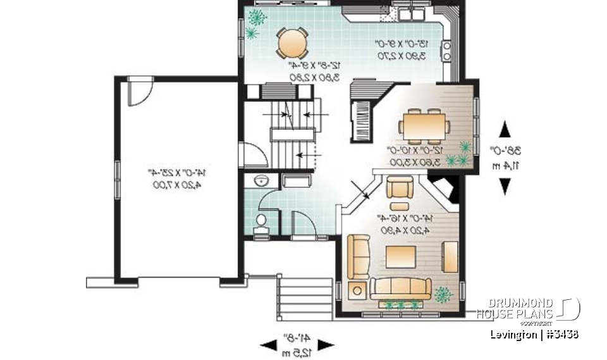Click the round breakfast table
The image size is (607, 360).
(x=292, y=42)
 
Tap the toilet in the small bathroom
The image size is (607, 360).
(x=261, y=221)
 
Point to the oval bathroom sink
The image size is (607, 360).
(x=259, y=181)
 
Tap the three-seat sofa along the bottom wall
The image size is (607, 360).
(x=400, y=288)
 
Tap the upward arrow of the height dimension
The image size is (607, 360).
(x=505, y=130)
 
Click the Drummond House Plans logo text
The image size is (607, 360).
(x=515, y=309)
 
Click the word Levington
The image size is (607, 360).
(x=513, y=334)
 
